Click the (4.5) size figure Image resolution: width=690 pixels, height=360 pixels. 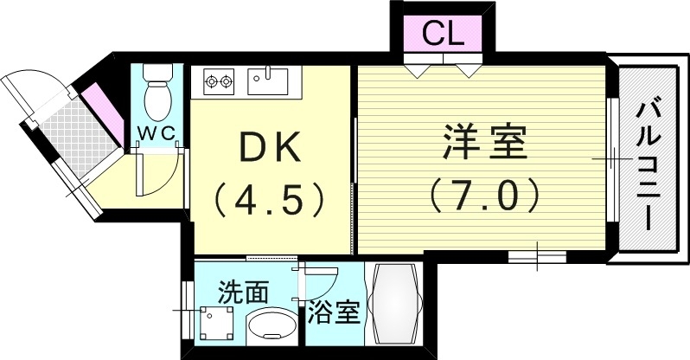[270, 199]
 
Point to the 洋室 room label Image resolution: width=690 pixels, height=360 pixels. [485, 143]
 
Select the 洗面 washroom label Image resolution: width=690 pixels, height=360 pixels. [243, 291]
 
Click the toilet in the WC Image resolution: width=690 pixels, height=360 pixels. [157, 96]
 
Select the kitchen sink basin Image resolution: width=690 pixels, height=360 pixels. [269, 81]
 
